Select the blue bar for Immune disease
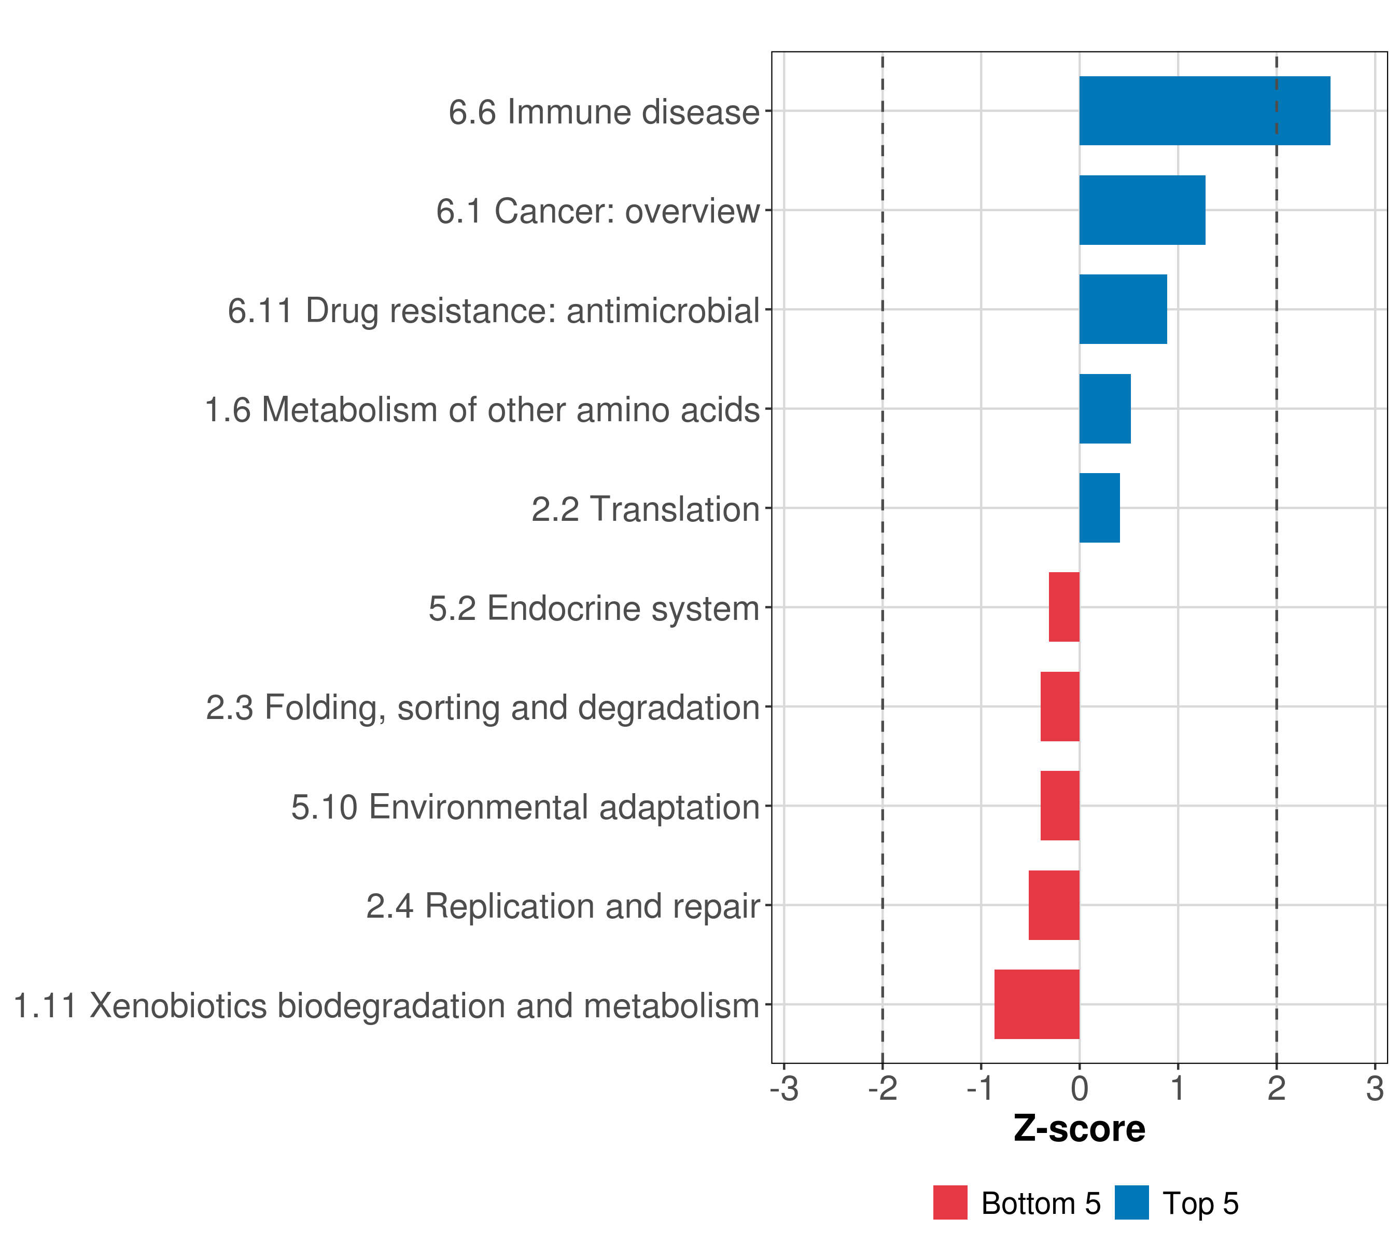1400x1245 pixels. click(x=1204, y=111)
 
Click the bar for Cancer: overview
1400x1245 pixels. click(x=1142, y=211)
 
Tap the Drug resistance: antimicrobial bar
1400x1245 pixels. click(x=1123, y=309)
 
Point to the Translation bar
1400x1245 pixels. click(x=1099, y=508)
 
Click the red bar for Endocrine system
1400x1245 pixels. click(x=1063, y=607)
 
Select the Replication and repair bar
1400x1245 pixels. click(x=1054, y=905)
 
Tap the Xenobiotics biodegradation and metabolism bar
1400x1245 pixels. click(x=1037, y=1004)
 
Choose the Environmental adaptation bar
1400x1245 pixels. click(x=1059, y=806)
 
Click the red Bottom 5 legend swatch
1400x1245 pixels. click(x=950, y=1202)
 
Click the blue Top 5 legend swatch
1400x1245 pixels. click(x=1131, y=1202)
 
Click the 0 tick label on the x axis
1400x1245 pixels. click(x=1080, y=1089)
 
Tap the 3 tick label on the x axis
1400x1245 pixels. click(x=1375, y=1089)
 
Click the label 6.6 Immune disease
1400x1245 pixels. click(x=604, y=113)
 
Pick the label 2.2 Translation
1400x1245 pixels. click(x=645, y=510)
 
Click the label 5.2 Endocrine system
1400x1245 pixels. click(x=594, y=608)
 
